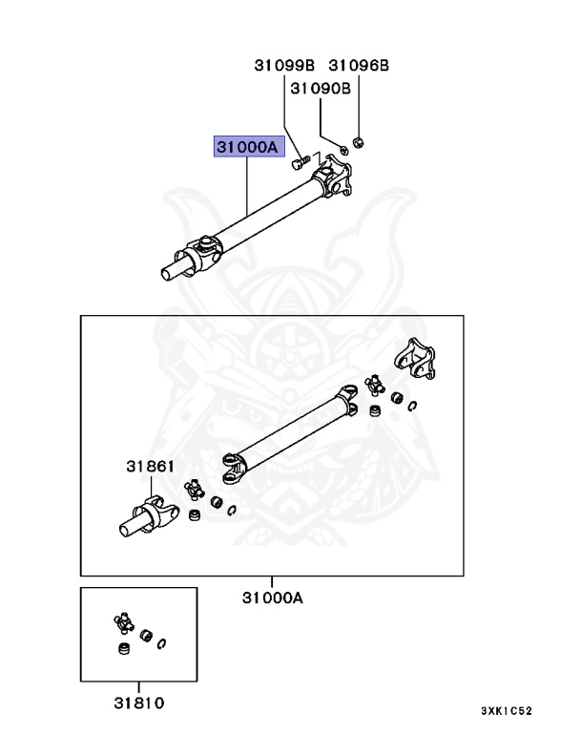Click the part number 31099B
click(283, 66)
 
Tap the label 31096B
click(359, 66)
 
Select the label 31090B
click(321, 88)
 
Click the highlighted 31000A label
click(246, 147)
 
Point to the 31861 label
click(151, 468)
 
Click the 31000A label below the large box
click(272, 598)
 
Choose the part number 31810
click(138, 703)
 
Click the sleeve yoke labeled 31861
click(143, 515)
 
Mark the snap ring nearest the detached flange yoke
click(412, 407)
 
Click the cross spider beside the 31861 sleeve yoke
click(194, 490)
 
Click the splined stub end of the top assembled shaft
click(172, 271)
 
